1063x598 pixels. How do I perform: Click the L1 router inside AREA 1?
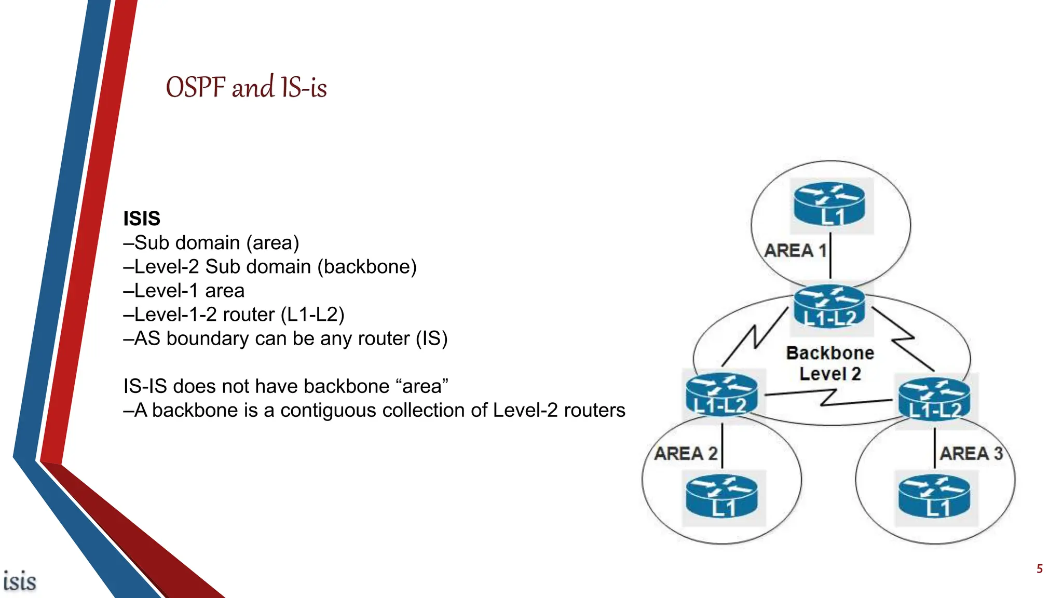pos(830,205)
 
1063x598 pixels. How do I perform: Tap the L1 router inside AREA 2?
pos(722,497)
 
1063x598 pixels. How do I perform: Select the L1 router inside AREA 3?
pos(935,497)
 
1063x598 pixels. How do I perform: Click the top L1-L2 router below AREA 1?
pos(830,308)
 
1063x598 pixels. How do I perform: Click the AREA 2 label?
pos(686,454)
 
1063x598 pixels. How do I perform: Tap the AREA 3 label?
pos(971,454)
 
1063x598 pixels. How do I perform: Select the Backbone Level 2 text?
pos(830,363)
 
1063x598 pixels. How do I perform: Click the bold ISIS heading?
pos(142,219)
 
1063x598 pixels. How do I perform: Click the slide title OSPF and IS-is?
pos(246,87)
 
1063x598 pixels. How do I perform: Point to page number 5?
pos(1039,569)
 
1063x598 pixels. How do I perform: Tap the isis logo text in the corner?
pos(20,581)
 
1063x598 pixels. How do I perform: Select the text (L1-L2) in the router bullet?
pos(312,315)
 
